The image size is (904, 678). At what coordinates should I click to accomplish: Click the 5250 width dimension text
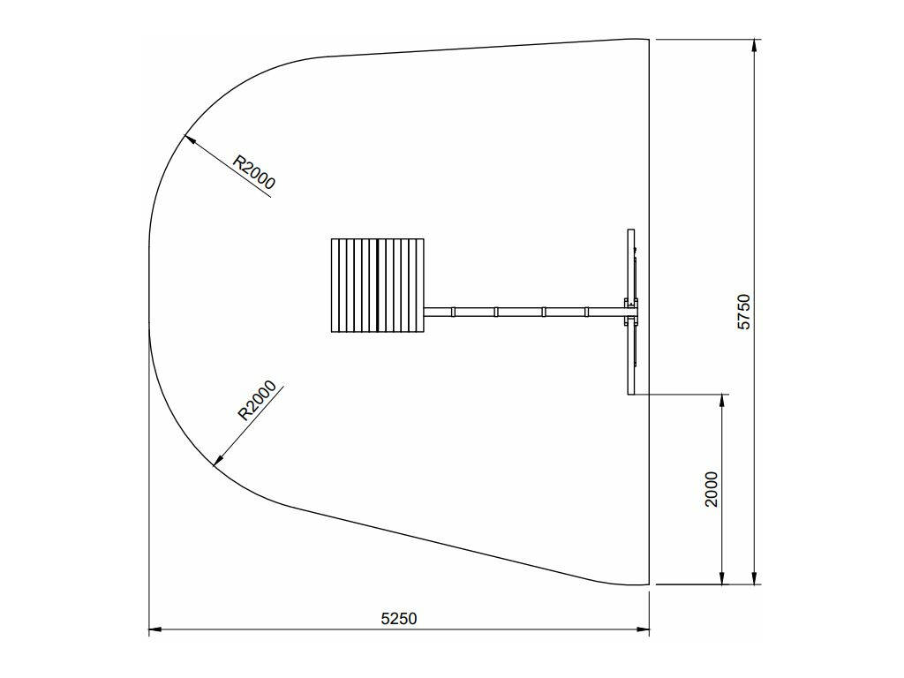(398, 619)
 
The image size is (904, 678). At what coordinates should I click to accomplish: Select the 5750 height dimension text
(744, 312)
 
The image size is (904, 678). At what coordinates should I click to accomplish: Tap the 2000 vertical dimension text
(712, 489)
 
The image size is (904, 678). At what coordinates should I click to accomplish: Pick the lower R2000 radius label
(257, 401)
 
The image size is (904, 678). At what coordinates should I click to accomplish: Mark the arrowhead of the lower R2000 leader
(218, 459)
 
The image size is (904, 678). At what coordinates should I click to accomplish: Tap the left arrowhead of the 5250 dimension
(155, 630)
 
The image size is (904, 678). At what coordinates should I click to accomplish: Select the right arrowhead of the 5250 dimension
(644, 630)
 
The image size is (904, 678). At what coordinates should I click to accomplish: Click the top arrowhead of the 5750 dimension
(755, 46)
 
